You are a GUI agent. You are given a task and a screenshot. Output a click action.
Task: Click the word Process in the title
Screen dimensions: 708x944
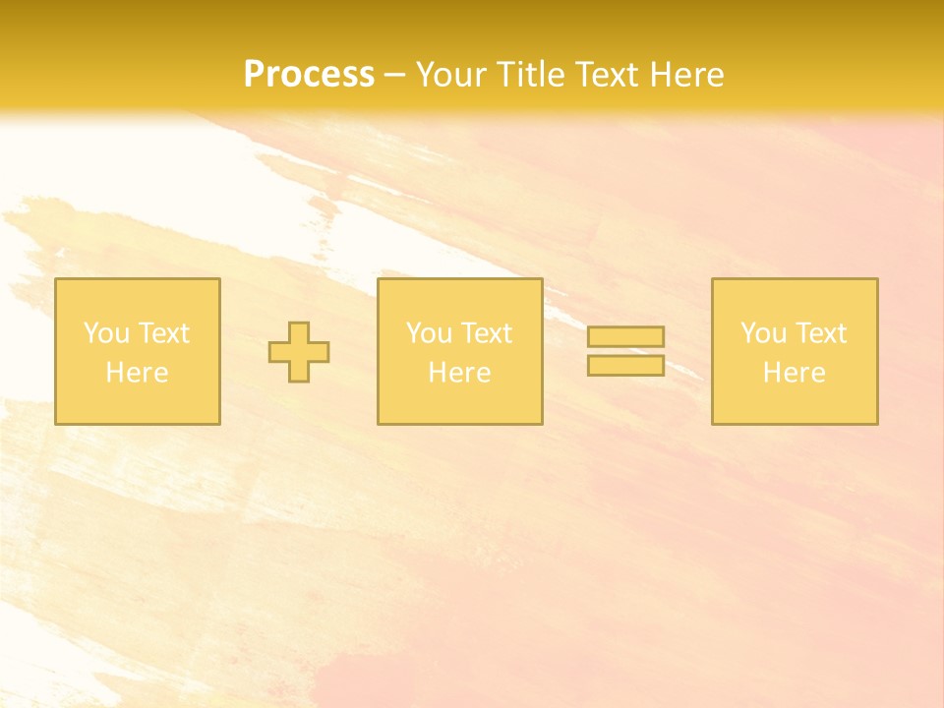click(309, 74)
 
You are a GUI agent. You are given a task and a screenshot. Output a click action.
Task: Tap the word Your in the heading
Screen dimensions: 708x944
click(452, 74)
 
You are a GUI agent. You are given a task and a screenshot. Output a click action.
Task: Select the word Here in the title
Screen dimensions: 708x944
click(685, 74)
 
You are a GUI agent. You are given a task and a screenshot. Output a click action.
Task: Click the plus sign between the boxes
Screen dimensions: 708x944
click(299, 352)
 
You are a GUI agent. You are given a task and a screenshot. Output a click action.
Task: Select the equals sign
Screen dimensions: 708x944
click(625, 351)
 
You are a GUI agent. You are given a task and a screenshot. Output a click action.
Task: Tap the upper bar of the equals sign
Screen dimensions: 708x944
click(625, 336)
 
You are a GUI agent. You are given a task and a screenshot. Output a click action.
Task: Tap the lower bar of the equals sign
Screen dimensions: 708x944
click(625, 366)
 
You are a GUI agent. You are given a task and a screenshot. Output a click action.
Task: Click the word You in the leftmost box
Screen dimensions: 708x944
click(106, 333)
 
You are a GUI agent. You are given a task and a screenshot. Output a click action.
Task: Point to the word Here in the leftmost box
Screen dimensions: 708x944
click(138, 373)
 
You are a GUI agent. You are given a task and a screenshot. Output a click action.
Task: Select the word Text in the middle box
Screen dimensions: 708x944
click(486, 333)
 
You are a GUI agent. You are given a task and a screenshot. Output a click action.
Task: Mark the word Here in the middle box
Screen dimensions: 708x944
click(459, 373)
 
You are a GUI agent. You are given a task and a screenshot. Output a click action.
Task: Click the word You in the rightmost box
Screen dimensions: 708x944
click(763, 333)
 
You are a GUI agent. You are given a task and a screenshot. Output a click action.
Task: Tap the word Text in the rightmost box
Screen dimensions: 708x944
click(820, 333)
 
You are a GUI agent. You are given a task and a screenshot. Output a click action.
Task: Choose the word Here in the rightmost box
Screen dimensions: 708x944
click(795, 373)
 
